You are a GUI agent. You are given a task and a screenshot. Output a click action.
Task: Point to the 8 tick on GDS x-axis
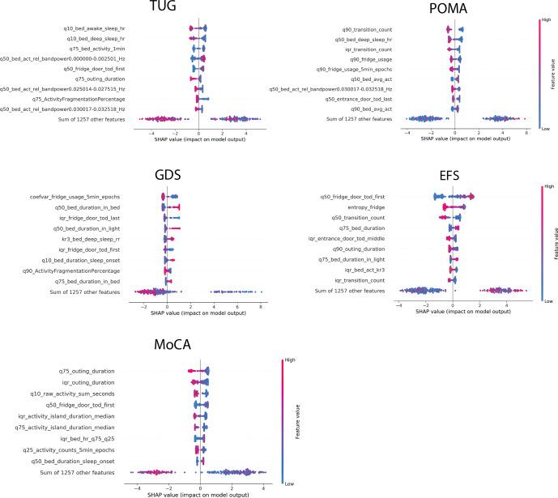point(260,307)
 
